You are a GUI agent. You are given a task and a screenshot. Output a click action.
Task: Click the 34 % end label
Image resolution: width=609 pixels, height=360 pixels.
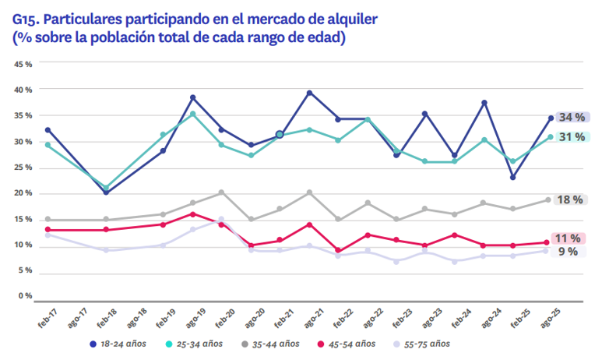point(572,118)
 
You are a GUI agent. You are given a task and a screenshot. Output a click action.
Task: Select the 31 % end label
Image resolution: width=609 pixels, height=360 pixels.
point(572,137)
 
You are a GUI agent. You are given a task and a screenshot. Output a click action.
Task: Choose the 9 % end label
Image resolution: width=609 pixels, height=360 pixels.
point(568,251)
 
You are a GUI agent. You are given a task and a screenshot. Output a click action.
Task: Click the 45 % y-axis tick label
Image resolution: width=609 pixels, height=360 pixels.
point(23,64)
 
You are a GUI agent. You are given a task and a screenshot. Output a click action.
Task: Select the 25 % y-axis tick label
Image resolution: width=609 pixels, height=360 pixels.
point(23,168)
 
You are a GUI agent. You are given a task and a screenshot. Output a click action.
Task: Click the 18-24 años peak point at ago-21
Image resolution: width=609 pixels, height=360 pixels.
point(309,93)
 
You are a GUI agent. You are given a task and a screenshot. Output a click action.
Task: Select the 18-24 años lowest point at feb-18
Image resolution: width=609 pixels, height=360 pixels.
point(107,192)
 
